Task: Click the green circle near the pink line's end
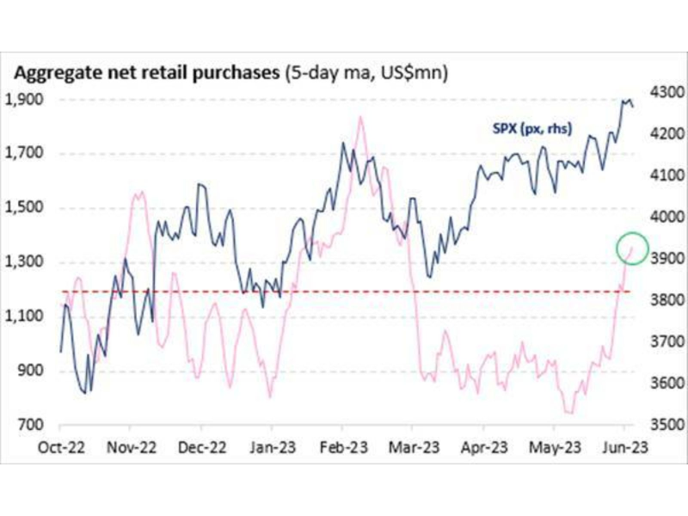pos(632,248)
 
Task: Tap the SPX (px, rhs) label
pos(526,131)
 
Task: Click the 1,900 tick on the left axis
pos(27,100)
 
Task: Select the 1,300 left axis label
pos(27,262)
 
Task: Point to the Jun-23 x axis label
pos(625,447)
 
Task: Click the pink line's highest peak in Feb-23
pos(359,117)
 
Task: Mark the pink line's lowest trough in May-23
pos(568,413)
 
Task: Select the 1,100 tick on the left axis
pos(27,316)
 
